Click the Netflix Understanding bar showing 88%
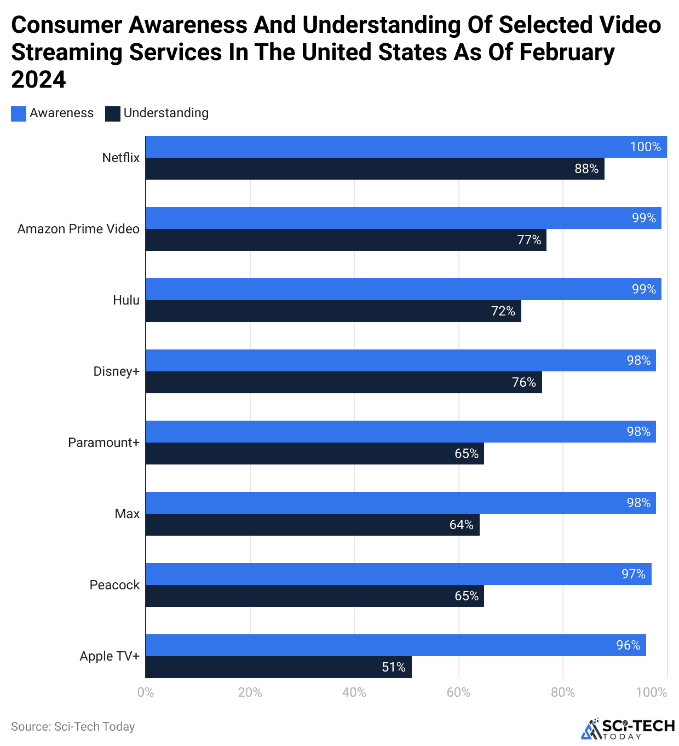tap(375, 169)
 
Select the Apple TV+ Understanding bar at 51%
tap(278, 667)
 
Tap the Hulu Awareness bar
tap(403, 289)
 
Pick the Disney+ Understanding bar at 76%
tap(343, 382)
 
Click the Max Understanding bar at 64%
tap(312, 525)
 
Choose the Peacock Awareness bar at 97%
tap(398, 574)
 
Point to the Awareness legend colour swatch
tap(19, 113)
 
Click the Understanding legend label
tap(166, 113)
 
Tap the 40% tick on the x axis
tap(354, 692)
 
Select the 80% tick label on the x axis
tap(562, 692)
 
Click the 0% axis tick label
tap(146, 692)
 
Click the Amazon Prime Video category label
tap(78, 229)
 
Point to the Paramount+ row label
tap(103, 443)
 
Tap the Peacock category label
tap(114, 585)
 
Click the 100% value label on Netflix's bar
tap(645, 147)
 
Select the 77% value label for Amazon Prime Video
tap(529, 240)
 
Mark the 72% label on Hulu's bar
tap(503, 311)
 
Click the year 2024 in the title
tap(38, 80)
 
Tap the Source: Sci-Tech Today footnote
tap(73, 726)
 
